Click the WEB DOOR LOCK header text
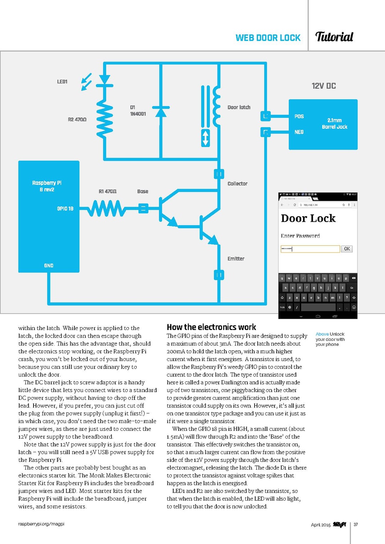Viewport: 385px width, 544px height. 268,38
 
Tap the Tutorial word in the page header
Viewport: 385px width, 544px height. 334,37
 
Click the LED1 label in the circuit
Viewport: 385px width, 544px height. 62,82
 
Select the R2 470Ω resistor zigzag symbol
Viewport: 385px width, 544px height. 104,119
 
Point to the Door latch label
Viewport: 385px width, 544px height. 239,107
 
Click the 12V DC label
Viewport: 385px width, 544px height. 323,86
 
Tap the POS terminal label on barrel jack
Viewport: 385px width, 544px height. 299,116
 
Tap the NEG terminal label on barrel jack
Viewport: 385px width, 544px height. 299,132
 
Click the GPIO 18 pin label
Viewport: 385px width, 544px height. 65,209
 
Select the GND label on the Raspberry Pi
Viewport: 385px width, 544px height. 49,266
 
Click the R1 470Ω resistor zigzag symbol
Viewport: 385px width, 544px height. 106,209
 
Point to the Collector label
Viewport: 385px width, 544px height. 237,184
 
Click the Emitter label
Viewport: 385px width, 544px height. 236,259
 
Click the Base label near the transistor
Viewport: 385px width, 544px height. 143,192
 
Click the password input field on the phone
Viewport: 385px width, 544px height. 310,249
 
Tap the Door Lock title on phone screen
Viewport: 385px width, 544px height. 308,218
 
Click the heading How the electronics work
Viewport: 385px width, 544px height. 211,327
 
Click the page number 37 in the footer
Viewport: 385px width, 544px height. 356,524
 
